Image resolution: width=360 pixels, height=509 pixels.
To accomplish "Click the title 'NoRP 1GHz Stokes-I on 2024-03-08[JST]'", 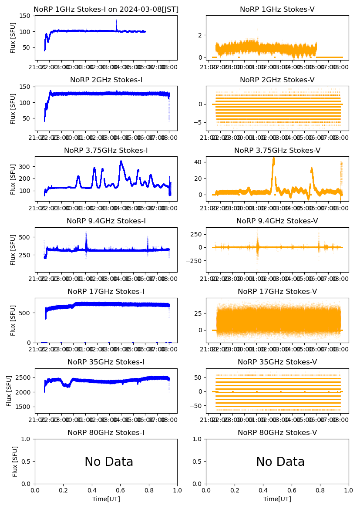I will click(106, 9).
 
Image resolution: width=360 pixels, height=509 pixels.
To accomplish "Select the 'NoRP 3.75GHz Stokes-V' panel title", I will click(277, 150).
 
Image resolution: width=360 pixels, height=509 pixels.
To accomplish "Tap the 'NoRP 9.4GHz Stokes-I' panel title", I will click(106, 221).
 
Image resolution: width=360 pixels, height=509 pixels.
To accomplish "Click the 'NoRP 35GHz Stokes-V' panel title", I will click(277, 362).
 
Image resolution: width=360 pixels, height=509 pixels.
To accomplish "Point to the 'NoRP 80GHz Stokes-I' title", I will click(106, 432).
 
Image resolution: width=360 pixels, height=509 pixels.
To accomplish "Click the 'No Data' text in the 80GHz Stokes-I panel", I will click(109, 462).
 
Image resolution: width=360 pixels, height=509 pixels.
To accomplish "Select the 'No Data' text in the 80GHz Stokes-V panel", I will click(280, 462).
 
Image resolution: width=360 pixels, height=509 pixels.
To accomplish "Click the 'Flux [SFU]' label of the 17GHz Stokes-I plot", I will click(13, 320).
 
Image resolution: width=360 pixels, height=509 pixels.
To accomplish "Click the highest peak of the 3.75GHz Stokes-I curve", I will click(121, 162).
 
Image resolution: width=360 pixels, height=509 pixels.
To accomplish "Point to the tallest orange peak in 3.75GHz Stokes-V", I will click(273, 158).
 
